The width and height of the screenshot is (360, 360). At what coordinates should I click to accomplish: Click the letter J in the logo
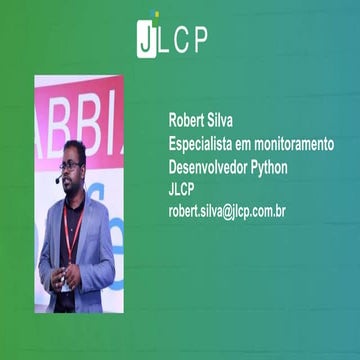[x=146, y=40]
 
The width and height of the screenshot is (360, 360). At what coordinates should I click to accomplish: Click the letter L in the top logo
[x=166, y=40]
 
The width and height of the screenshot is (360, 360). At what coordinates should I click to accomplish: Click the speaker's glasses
[x=71, y=165]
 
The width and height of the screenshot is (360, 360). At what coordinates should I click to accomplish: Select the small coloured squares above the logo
[x=153, y=14]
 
